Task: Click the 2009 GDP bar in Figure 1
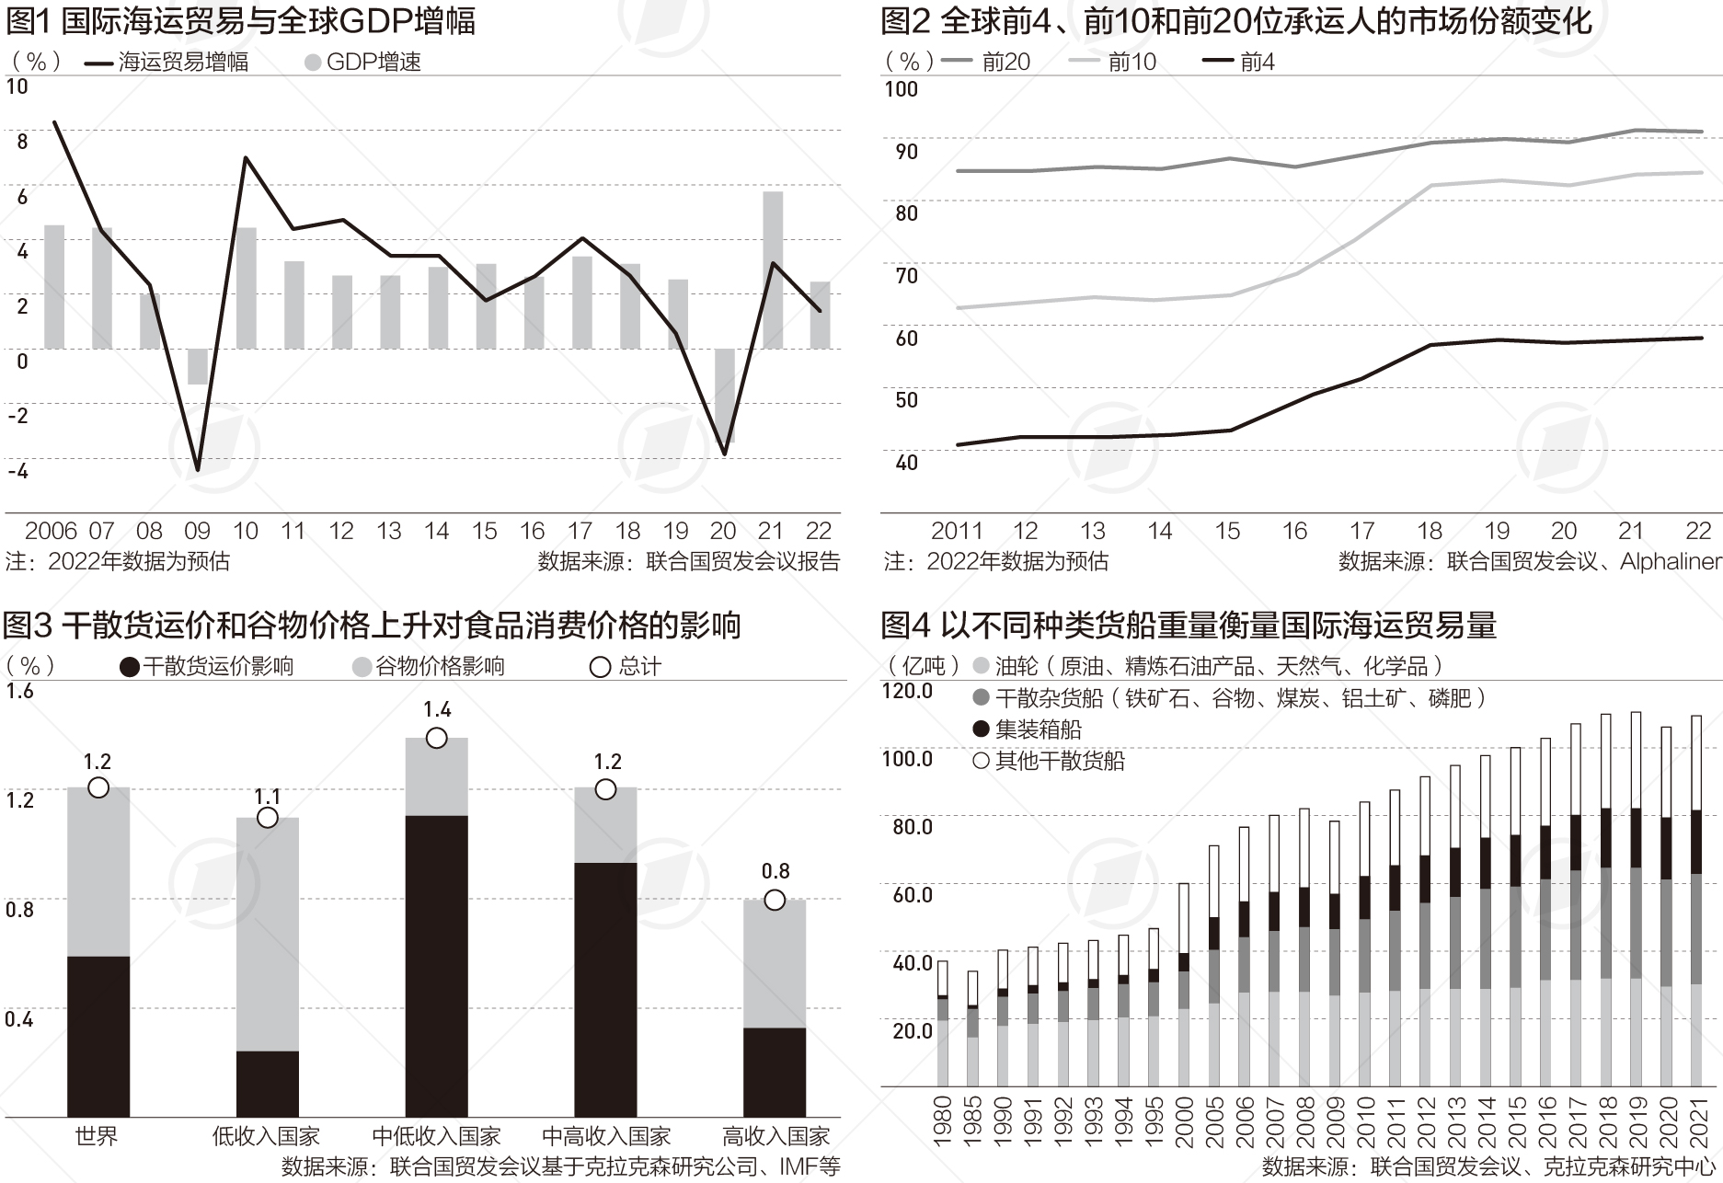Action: pos(197,366)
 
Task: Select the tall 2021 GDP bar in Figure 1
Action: pos(773,269)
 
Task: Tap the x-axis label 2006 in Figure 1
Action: pos(51,531)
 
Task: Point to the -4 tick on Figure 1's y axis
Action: pos(17,471)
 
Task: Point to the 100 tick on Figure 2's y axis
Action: pos(901,89)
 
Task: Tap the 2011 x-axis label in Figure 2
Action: pos(957,531)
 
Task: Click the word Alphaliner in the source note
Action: pos(1671,561)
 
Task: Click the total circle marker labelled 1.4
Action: pos(437,738)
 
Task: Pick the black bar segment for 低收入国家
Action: pos(268,1084)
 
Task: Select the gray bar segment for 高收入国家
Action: pos(775,963)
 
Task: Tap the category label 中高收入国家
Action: pos(605,1136)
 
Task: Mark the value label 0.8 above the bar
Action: pos(775,871)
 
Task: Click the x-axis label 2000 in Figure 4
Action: pos(1184,1121)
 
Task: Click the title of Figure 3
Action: pos(372,626)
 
